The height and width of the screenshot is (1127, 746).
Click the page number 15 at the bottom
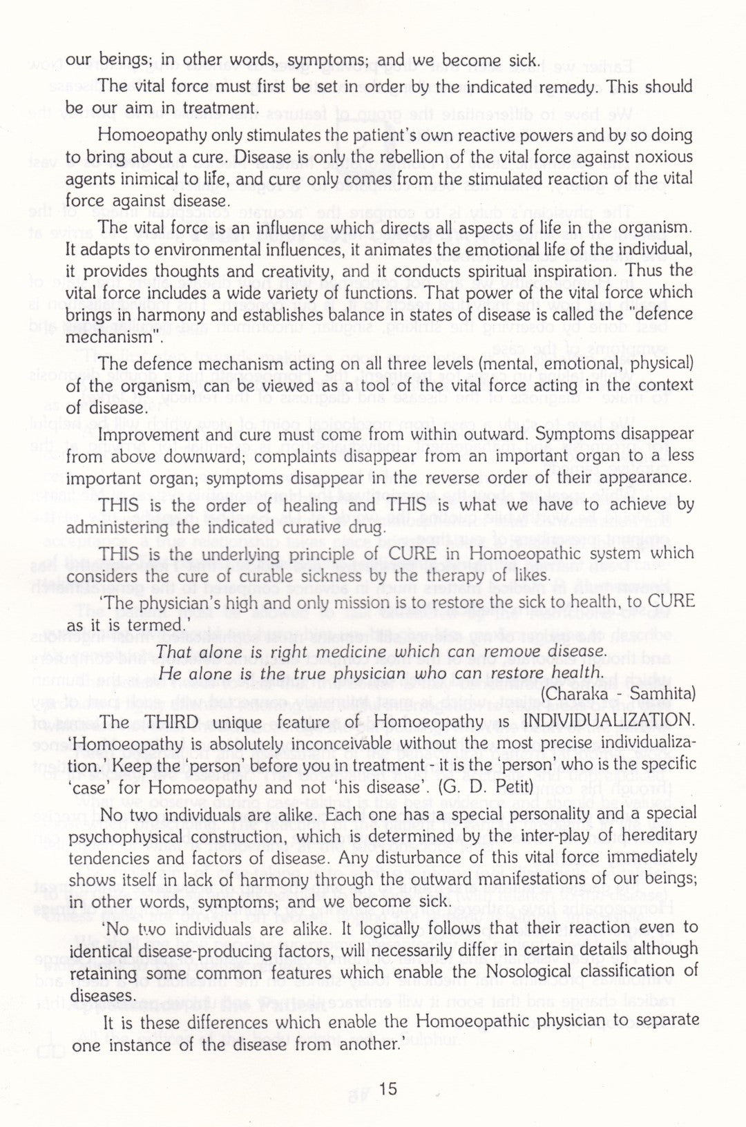(x=388, y=1088)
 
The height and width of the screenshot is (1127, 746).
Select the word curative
(x=336, y=528)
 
